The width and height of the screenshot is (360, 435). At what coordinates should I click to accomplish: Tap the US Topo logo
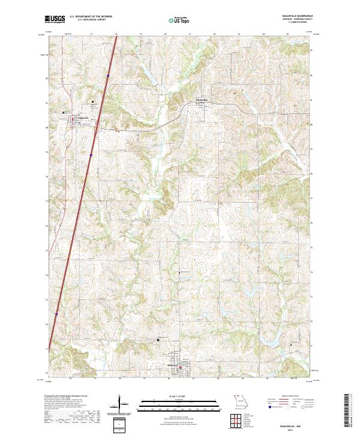pyautogui.click(x=173, y=20)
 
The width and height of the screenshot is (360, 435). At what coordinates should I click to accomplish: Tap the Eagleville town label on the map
pyautogui.click(x=83, y=117)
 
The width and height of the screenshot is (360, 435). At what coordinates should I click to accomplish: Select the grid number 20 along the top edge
pyautogui.click(x=165, y=35)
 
